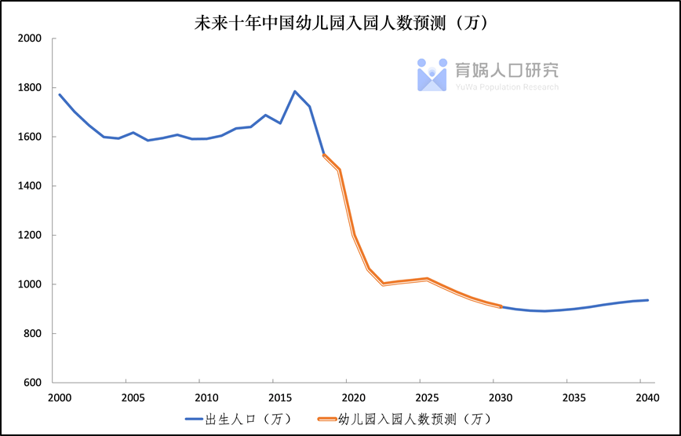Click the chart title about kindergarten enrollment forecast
coord(341,23)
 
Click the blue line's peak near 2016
coord(295,91)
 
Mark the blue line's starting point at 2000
coord(60,95)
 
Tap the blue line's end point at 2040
coord(648,300)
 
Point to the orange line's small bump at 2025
coord(427,279)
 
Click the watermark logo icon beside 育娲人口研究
coord(432,74)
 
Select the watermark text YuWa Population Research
coord(507,87)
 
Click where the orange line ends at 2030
coord(501,306)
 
